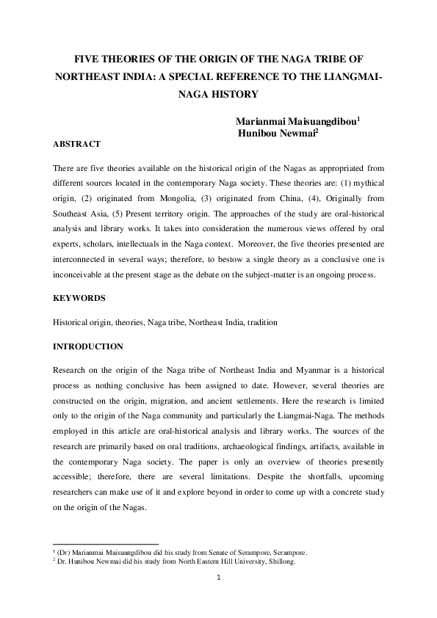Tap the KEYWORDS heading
coord(79,299)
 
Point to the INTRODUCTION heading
coord(88,346)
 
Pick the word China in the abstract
coord(273,193)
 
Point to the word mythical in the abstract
coord(367,180)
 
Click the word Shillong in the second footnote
coord(281,561)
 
